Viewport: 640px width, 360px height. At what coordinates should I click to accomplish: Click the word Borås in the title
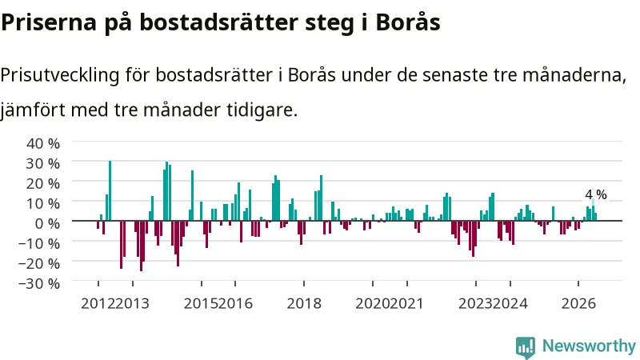(x=408, y=22)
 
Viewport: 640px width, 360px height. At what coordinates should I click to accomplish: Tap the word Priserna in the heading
(x=49, y=23)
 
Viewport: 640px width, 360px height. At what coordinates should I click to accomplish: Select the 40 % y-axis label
(x=43, y=143)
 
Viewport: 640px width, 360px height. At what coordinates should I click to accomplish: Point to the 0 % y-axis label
(x=47, y=223)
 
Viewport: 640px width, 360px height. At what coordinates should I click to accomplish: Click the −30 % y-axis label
(x=39, y=283)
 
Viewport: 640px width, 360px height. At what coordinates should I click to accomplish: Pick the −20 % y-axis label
(x=39, y=263)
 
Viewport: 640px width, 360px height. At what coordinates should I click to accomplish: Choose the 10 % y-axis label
(x=43, y=203)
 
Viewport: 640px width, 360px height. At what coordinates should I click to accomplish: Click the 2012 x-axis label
(x=98, y=304)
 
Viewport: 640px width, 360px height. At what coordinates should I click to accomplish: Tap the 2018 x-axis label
(x=304, y=304)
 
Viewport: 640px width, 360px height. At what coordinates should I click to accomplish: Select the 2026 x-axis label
(x=578, y=304)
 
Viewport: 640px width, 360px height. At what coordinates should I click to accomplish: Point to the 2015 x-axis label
(x=202, y=304)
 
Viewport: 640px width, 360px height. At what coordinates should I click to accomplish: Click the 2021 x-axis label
(x=406, y=304)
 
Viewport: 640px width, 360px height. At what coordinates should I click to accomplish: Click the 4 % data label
(x=596, y=194)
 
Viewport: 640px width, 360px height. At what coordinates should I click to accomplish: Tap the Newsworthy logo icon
(x=526, y=348)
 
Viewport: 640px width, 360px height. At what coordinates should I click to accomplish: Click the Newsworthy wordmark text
(x=589, y=346)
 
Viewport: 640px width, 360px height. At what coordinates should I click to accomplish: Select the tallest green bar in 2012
(x=110, y=190)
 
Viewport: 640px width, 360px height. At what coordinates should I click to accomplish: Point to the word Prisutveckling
(x=60, y=76)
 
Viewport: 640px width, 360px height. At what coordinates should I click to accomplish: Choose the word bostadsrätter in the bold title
(x=219, y=22)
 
